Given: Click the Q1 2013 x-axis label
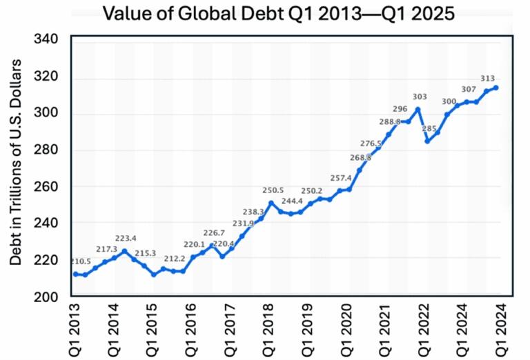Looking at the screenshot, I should [76, 329].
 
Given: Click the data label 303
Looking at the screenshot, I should [420, 96].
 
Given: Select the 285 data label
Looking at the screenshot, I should [429, 128].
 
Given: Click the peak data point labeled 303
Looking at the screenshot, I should [418, 109].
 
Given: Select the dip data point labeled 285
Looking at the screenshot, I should [428, 141].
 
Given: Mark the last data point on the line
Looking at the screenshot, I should [496, 88].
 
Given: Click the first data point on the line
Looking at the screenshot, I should [75, 274].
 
